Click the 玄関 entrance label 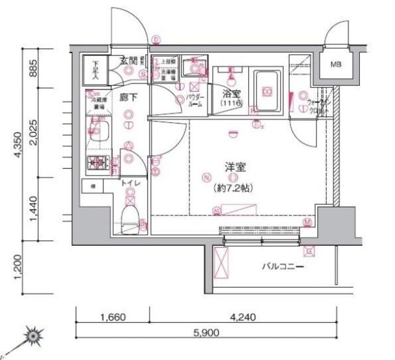tap(128, 60)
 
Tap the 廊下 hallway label tap(128, 97)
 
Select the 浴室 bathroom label tap(231, 94)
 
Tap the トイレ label tap(129, 183)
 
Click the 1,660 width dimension tap(112, 318)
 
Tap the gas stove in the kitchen tap(98, 164)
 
